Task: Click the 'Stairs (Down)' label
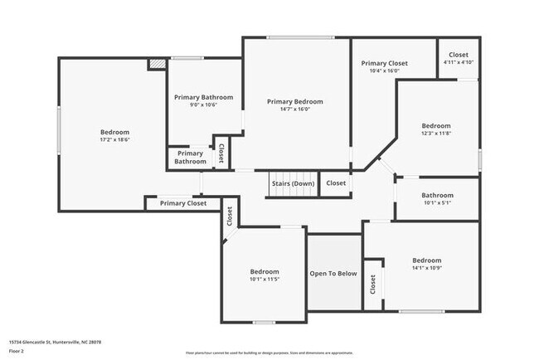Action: [x=292, y=183]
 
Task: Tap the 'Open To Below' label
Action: [x=333, y=274]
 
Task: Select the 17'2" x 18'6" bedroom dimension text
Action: [x=114, y=140]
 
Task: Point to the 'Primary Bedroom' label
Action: [x=294, y=101]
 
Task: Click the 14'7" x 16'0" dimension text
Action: [x=294, y=109]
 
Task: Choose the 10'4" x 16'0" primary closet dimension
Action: [x=384, y=71]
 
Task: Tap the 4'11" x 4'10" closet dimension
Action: [x=458, y=63]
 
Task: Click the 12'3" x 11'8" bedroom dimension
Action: [x=436, y=134]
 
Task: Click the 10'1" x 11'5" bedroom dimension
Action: [x=265, y=280]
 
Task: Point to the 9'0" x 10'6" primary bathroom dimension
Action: [x=203, y=105]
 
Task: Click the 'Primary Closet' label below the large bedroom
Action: [x=183, y=203]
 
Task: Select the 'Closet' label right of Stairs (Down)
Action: [x=336, y=183]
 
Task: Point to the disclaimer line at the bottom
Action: [x=269, y=353]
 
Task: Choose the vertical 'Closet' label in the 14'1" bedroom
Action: [x=373, y=285]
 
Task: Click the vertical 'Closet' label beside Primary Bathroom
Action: [x=221, y=153]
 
